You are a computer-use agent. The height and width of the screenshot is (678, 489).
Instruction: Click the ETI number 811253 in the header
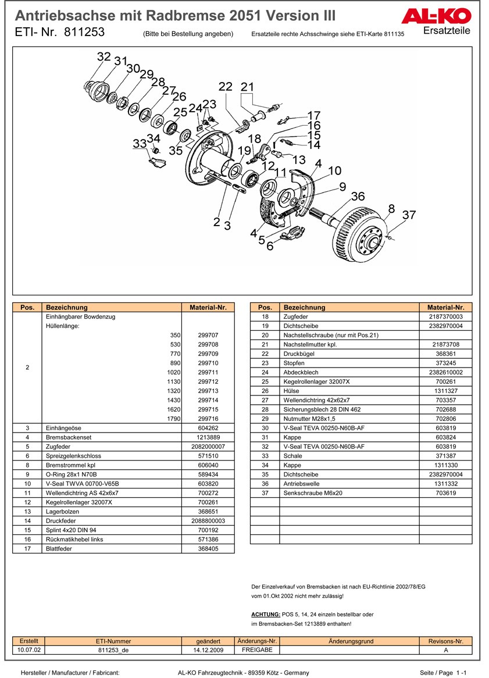click(x=90, y=33)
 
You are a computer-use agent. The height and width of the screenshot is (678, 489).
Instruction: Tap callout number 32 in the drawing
click(x=103, y=56)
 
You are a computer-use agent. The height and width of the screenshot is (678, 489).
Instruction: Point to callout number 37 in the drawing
click(x=409, y=215)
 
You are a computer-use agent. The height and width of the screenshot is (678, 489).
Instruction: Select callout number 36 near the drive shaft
click(x=358, y=197)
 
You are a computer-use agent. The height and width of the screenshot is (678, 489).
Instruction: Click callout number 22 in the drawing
click(x=225, y=87)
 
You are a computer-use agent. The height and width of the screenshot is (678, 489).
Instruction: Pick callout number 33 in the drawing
click(x=140, y=143)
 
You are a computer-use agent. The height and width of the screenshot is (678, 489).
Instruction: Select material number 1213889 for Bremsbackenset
click(x=208, y=437)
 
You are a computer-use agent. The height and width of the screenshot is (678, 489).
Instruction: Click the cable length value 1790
click(x=174, y=419)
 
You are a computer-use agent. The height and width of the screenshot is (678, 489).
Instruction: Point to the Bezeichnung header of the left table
click(x=67, y=307)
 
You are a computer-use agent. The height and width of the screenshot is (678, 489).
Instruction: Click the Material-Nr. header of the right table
click(x=445, y=307)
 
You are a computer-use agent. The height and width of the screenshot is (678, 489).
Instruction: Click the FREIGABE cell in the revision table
click(x=257, y=650)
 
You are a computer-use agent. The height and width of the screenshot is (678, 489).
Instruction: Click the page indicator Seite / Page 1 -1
click(x=444, y=673)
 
